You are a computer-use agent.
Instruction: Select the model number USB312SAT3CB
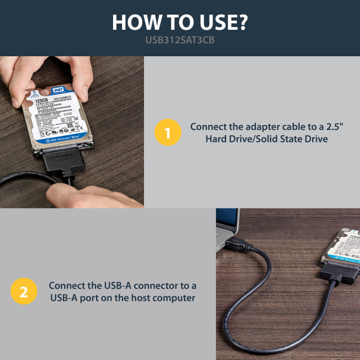pos(180,41)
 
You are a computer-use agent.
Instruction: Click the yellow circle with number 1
pos(167,133)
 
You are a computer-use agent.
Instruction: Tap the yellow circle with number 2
pos(23,291)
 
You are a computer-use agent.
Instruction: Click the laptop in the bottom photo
pos(227,228)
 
